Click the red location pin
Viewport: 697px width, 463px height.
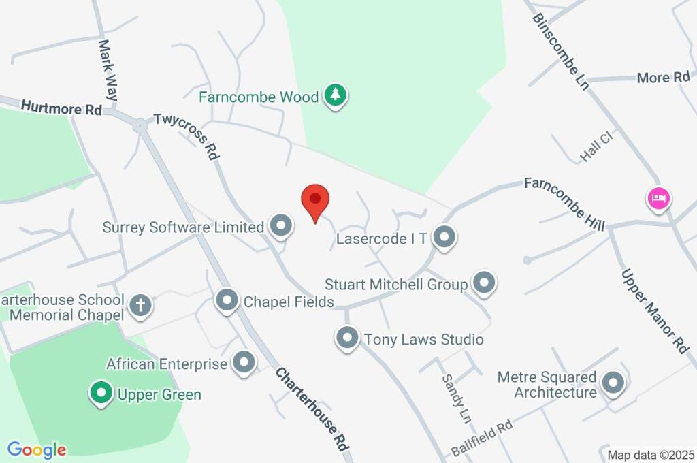click(315, 200)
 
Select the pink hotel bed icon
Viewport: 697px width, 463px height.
click(658, 199)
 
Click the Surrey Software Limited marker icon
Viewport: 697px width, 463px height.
click(280, 226)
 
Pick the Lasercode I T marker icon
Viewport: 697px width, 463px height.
click(444, 237)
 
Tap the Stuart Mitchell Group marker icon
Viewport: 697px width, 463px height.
click(484, 283)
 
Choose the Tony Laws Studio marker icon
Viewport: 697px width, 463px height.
click(348, 338)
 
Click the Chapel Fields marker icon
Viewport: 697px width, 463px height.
click(227, 300)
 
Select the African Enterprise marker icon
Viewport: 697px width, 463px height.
click(244, 362)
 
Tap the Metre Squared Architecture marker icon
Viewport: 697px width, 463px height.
click(613, 383)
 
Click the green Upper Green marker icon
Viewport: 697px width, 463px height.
click(101, 392)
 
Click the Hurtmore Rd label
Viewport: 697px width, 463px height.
click(61, 108)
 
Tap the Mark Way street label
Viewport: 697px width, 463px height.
click(108, 70)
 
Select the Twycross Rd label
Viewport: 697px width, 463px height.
click(187, 136)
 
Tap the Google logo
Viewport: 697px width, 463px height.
click(37, 449)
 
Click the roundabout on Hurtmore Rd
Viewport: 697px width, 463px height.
click(140, 125)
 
